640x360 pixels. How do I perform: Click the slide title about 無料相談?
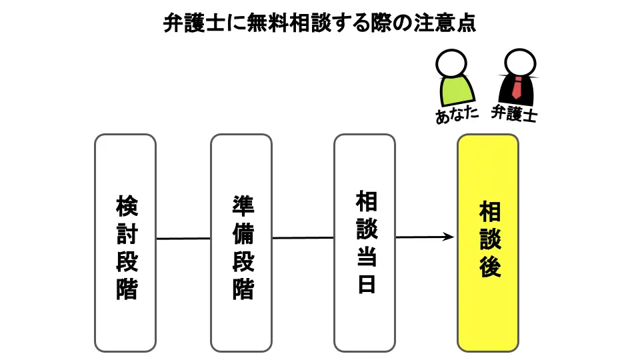click(319, 24)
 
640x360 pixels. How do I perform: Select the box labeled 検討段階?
click(125, 243)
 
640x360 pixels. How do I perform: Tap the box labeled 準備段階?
click(241, 243)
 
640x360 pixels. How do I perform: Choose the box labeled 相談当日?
click(365, 243)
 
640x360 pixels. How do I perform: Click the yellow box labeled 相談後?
click(488, 243)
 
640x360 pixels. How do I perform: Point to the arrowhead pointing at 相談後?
click(449, 237)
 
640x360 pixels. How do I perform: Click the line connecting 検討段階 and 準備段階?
click(183, 238)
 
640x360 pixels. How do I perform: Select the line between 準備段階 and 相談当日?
click(303, 237)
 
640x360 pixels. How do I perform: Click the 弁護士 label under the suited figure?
click(514, 113)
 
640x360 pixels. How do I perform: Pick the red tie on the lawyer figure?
click(517, 87)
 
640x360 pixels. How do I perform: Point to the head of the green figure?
click(451, 64)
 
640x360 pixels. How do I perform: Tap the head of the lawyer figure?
click(518, 63)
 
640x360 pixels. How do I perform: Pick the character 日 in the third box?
click(365, 283)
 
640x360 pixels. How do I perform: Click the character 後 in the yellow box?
click(489, 267)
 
